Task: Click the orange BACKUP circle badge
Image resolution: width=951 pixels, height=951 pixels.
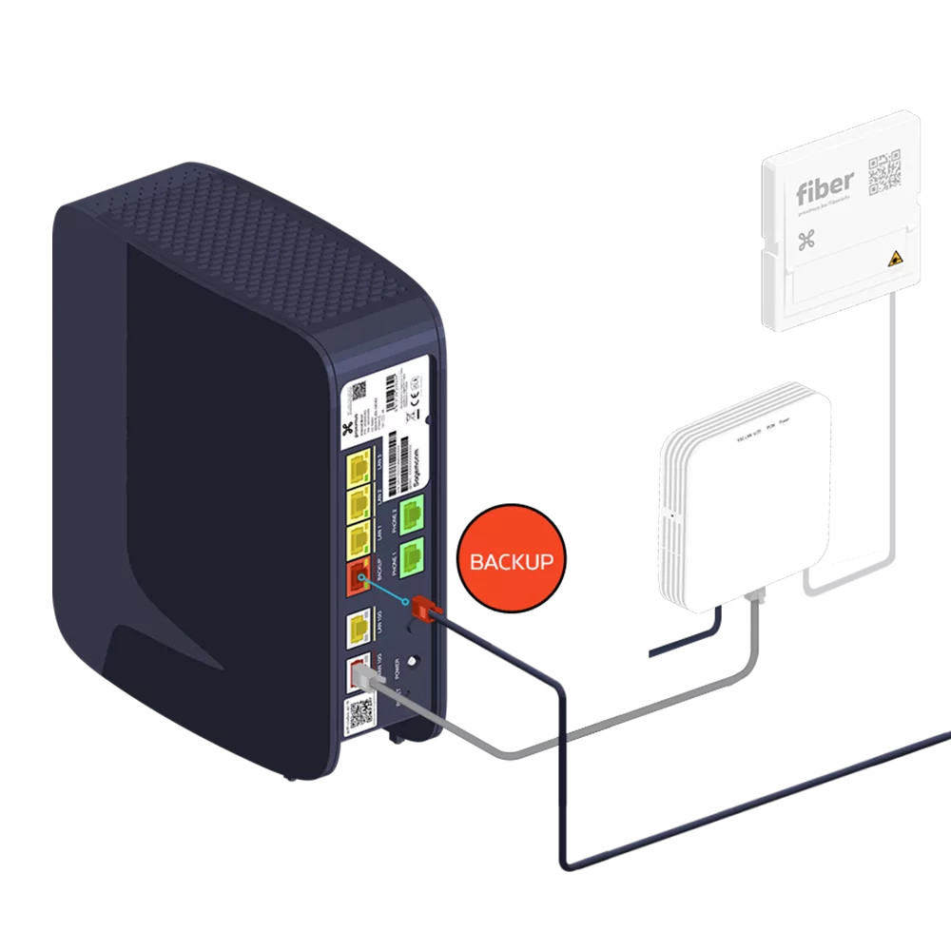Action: pos(507,561)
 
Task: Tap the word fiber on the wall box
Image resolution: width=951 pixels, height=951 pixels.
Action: pos(825,184)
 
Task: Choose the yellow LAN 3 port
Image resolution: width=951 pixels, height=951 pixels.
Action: pos(360,466)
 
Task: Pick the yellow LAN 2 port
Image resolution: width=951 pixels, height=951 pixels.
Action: pos(360,501)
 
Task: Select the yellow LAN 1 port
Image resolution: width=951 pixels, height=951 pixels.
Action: pos(360,536)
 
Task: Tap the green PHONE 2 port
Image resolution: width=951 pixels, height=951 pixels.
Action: pos(410,515)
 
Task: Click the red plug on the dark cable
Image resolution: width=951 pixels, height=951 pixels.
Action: pos(422,606)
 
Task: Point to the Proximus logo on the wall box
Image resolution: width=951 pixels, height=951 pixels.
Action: pos(806,240)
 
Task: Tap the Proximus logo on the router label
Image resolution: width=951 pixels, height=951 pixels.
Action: pos(360,425)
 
